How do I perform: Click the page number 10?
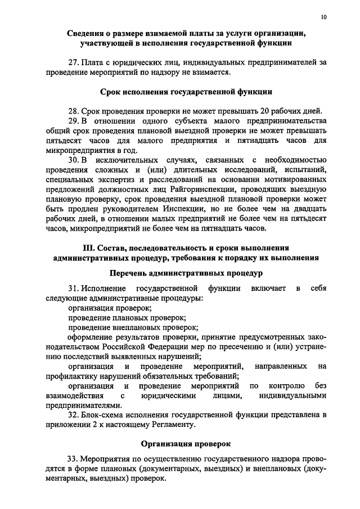click(323, 17)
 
